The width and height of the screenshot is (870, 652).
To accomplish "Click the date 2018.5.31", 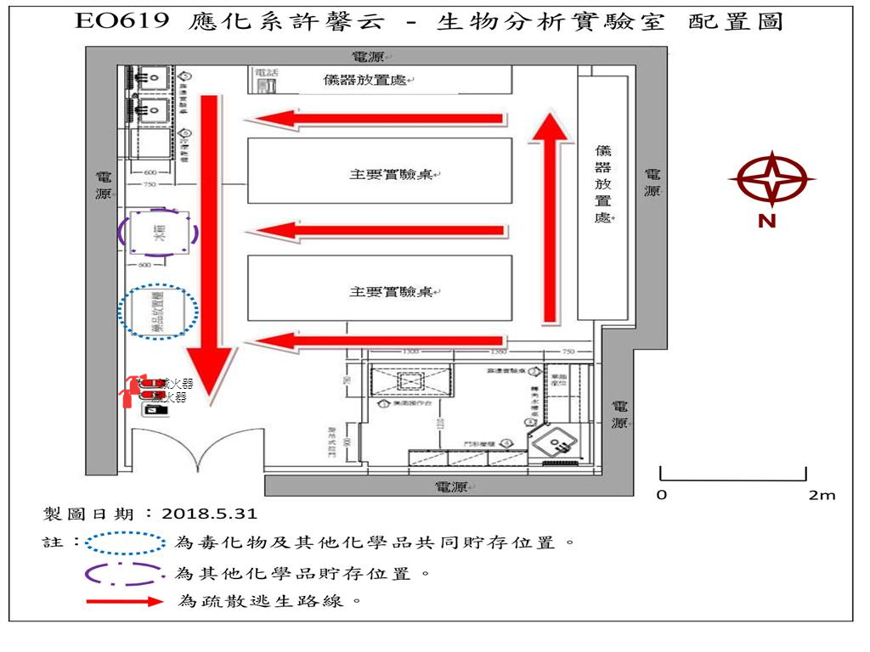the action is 209,514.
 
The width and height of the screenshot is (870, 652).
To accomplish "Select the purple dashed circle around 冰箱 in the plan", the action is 159,233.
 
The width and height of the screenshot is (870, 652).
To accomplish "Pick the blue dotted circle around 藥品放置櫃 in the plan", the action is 159,312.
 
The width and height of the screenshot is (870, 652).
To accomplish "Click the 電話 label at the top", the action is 267,74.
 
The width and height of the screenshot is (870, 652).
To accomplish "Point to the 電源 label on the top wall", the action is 370,57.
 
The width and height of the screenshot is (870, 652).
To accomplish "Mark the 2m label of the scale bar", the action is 821,495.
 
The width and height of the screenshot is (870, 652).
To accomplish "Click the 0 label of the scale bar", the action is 662,495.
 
